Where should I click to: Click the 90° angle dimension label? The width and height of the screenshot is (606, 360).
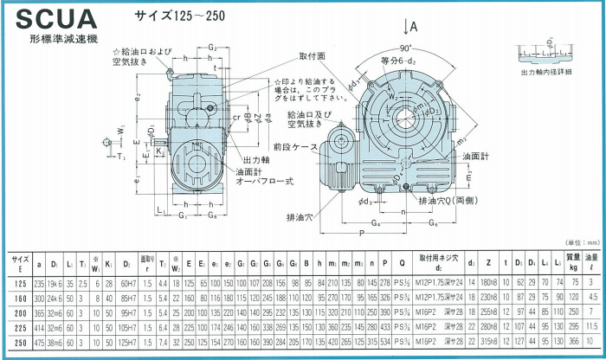[406, 48]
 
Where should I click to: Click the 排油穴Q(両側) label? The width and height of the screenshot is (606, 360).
[447, 200]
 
